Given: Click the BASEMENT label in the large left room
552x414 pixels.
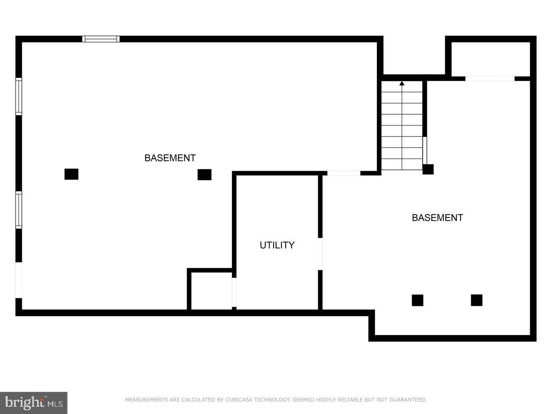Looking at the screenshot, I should coord(170,158).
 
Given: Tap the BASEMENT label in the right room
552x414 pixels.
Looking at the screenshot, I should coord(437,218).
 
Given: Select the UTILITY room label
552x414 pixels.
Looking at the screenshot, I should coord(277,245).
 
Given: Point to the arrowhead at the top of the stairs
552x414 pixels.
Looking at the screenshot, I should coord(402,83).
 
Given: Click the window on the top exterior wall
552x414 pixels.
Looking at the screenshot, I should coord(101,39).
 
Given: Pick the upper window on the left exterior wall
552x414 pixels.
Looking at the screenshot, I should coord(18,96).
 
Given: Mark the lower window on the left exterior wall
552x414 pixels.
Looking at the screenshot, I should coord(18,210).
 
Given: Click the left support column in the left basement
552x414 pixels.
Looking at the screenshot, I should coord(71,174).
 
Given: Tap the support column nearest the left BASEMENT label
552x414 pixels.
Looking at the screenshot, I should coord(204,174).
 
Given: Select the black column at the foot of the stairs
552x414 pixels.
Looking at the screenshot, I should coord(428,169).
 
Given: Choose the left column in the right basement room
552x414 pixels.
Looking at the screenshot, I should coord(417,300).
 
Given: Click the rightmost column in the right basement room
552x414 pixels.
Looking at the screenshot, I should coord(476,300).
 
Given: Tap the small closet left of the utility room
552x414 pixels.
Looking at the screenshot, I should coord(211,291).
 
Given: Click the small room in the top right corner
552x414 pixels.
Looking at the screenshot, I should coord(490,59).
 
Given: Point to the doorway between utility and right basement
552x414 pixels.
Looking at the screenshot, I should coord(320,254).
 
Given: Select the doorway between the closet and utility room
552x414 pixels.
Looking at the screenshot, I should coord(234,292).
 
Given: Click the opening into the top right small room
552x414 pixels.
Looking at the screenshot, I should coord(490,79).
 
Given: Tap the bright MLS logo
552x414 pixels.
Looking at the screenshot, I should coord(34,402).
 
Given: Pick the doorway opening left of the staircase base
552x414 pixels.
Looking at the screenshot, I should coord(343,173).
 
